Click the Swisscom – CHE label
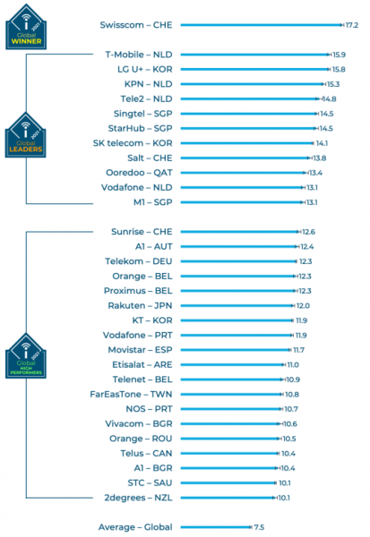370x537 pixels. click(136, 25)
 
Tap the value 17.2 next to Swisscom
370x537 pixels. click(351, 25)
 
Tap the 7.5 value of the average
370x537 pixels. click(258, 527)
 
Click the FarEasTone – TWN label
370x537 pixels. click(132, 394)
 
